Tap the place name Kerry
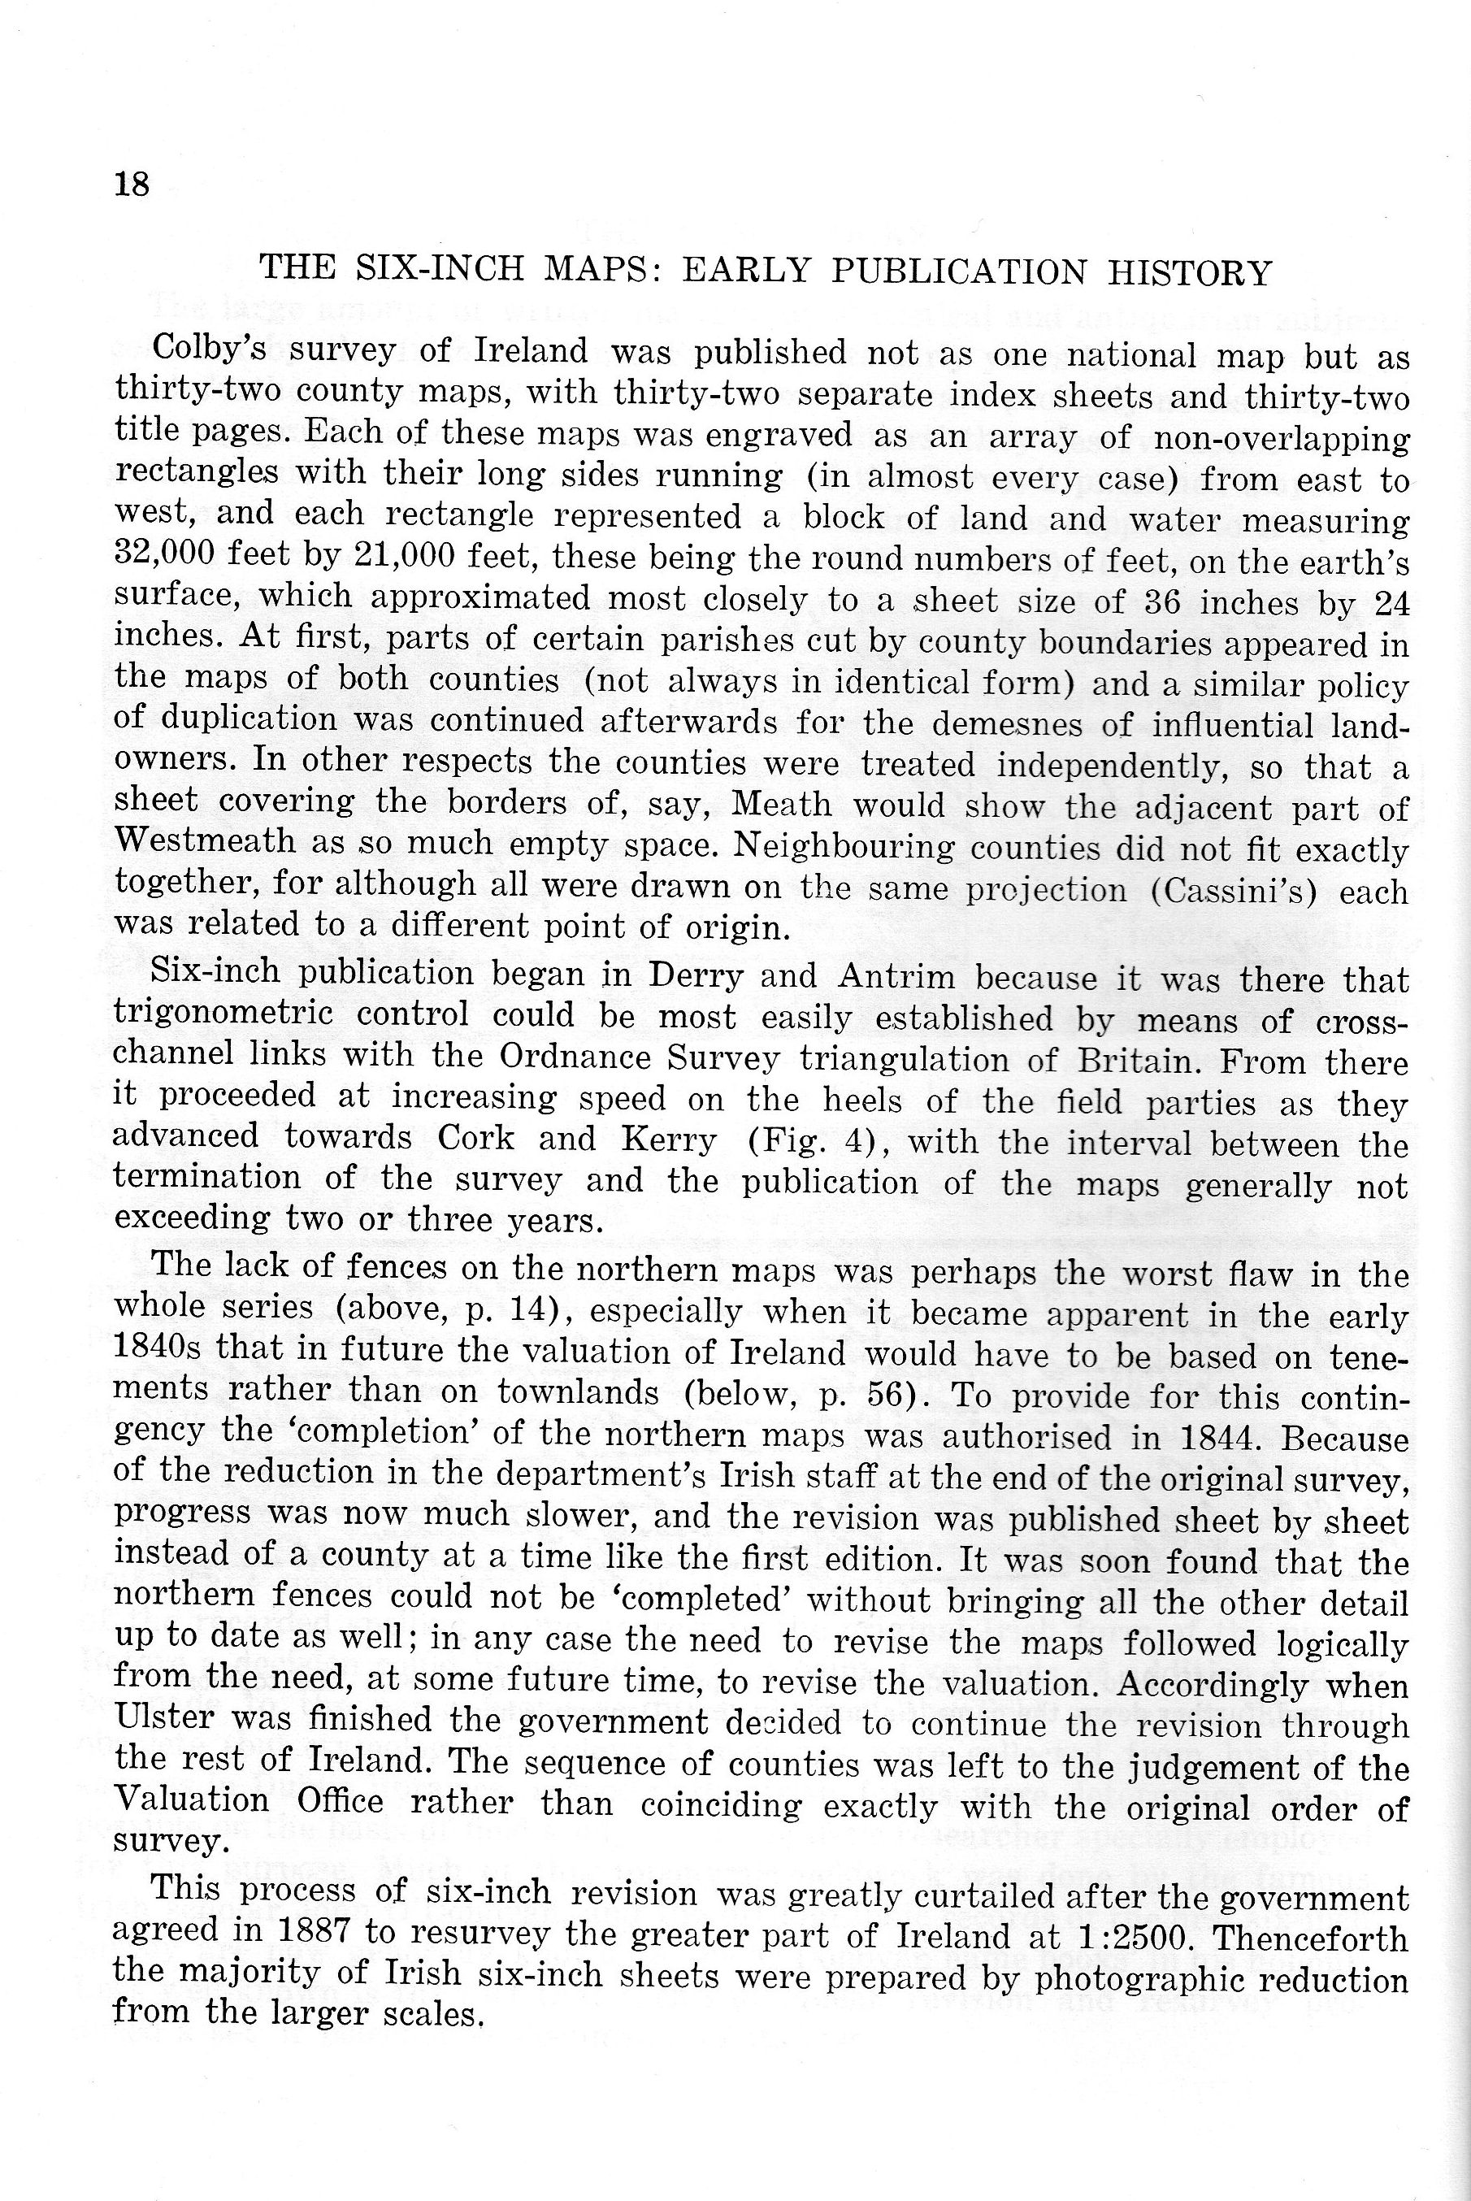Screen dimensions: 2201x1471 [x=669, y=1139]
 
